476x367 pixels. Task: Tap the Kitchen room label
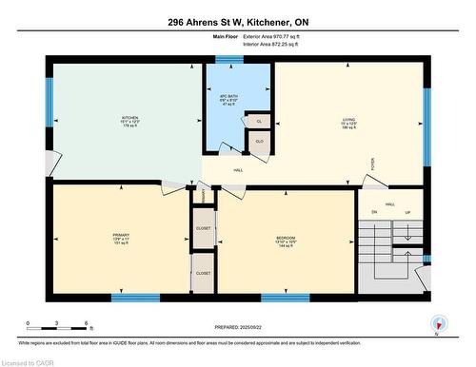[117, 120]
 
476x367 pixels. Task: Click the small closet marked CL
[258, 122]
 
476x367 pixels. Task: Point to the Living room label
[348, 121]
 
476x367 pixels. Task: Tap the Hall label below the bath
[238, 170]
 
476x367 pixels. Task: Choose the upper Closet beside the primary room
[203, 228]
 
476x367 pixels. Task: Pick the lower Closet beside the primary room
[203, 272]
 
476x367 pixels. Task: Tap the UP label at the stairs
[408, 212]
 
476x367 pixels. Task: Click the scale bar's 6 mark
[88, 323]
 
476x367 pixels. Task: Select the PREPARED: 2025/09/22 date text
[238, 325]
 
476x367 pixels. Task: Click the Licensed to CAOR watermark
[27, 361]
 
